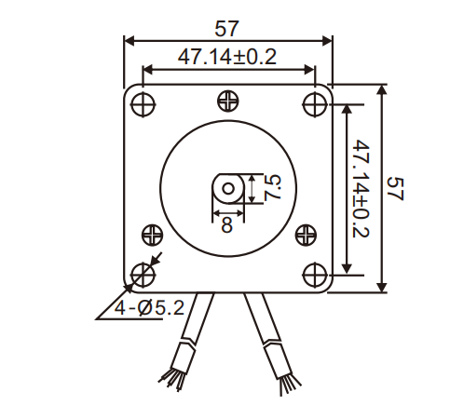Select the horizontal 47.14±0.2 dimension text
click(x=228, y=58)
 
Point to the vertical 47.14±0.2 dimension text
click(x=362, y=189)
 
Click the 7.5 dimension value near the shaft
click(x=271, y=188)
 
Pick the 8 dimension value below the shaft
click(x=226, y=224)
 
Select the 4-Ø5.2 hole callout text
click(x=140, y=307)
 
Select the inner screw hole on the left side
click(x=150, y=234)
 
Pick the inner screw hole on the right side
click(x=305, y=234)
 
